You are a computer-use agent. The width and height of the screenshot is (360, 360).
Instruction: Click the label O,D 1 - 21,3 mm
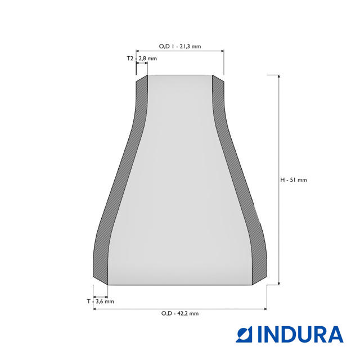click(x=180, y=46)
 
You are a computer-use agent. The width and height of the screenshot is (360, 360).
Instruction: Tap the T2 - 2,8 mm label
click(x=142, y=58)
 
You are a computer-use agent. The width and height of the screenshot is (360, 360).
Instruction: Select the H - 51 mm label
click(x=294, y=180)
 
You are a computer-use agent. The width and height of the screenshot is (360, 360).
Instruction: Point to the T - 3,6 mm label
click(x=100, y=301)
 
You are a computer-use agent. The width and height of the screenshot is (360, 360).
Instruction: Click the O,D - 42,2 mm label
click(x=180, y=313)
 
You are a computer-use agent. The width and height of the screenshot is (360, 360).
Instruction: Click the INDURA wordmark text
click(x=301, y=334)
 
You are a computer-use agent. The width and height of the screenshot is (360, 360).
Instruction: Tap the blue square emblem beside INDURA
click(x=244, y=334)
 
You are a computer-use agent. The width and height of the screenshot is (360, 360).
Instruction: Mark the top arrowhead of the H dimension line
click(x=279, y=76)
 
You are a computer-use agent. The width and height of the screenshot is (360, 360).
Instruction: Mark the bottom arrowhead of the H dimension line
click(x=279, y=283)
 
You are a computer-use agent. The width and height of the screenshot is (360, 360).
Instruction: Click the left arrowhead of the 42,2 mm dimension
click(x=94, y=309)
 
